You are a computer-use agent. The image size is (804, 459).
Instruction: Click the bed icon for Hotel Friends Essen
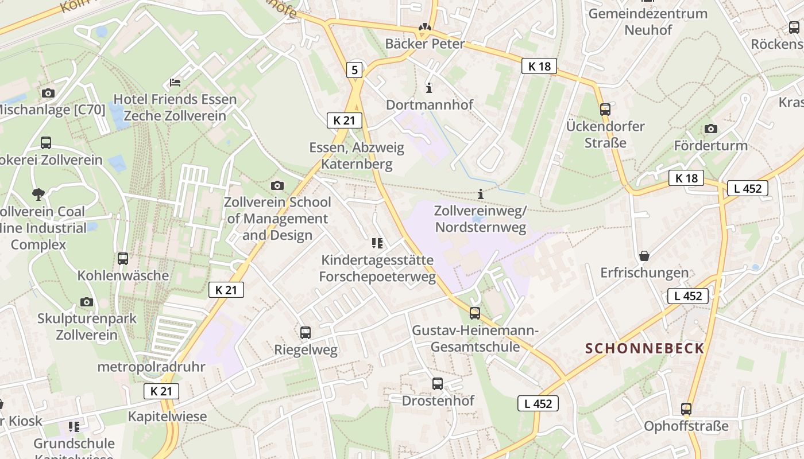pyautogui.click(x=175, y=83)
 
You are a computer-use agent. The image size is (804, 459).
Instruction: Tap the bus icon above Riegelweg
pyautogui.click(x=306, y=332)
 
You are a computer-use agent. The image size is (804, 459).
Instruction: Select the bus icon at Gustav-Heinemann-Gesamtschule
pyautogui.click(x=475, y=313)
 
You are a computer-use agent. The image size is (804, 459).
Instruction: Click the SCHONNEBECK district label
pyautogui.click(x=644, y=348)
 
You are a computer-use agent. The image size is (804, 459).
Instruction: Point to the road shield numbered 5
pyautogui.click(x=354, y=71)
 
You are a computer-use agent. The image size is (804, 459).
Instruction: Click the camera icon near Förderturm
pyautogui.click(x=711, y=129)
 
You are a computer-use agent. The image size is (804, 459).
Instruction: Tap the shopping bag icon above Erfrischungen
pyautogui.click(x=644, y=256)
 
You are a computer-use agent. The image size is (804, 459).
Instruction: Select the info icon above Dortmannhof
pyautogui.click(x=429, y=88)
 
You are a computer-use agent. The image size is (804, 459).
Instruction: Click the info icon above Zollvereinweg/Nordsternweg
pyautogui.click(x=481, y=195)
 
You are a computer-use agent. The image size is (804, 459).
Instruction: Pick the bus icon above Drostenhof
pyautogui.click(x=438, y=384)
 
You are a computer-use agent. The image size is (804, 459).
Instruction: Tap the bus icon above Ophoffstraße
pyautogui.click(x=686, y=409)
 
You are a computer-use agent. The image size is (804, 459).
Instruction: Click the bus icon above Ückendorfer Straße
pyautogui.click(x=605, y=109)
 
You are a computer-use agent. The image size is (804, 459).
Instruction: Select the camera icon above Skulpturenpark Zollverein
pyautogui.click(x=87, y=302)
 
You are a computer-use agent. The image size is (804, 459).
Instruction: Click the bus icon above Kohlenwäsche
pyautogui.click(x=123, y=259)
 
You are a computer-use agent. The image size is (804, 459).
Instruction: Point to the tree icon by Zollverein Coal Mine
pyautogui.click(x=38, y=195)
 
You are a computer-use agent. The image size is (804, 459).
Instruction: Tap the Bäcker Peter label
pyautogui.click(x=424, y=44)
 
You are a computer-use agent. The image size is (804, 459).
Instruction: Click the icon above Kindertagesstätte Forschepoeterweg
pyautogui.click(x=377, y=243)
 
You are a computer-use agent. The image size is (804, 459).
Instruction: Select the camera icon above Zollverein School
pyautogui.click(x=277, y=185)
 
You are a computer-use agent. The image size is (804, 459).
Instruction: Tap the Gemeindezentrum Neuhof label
pyautogui.click(x=648, y=21)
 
